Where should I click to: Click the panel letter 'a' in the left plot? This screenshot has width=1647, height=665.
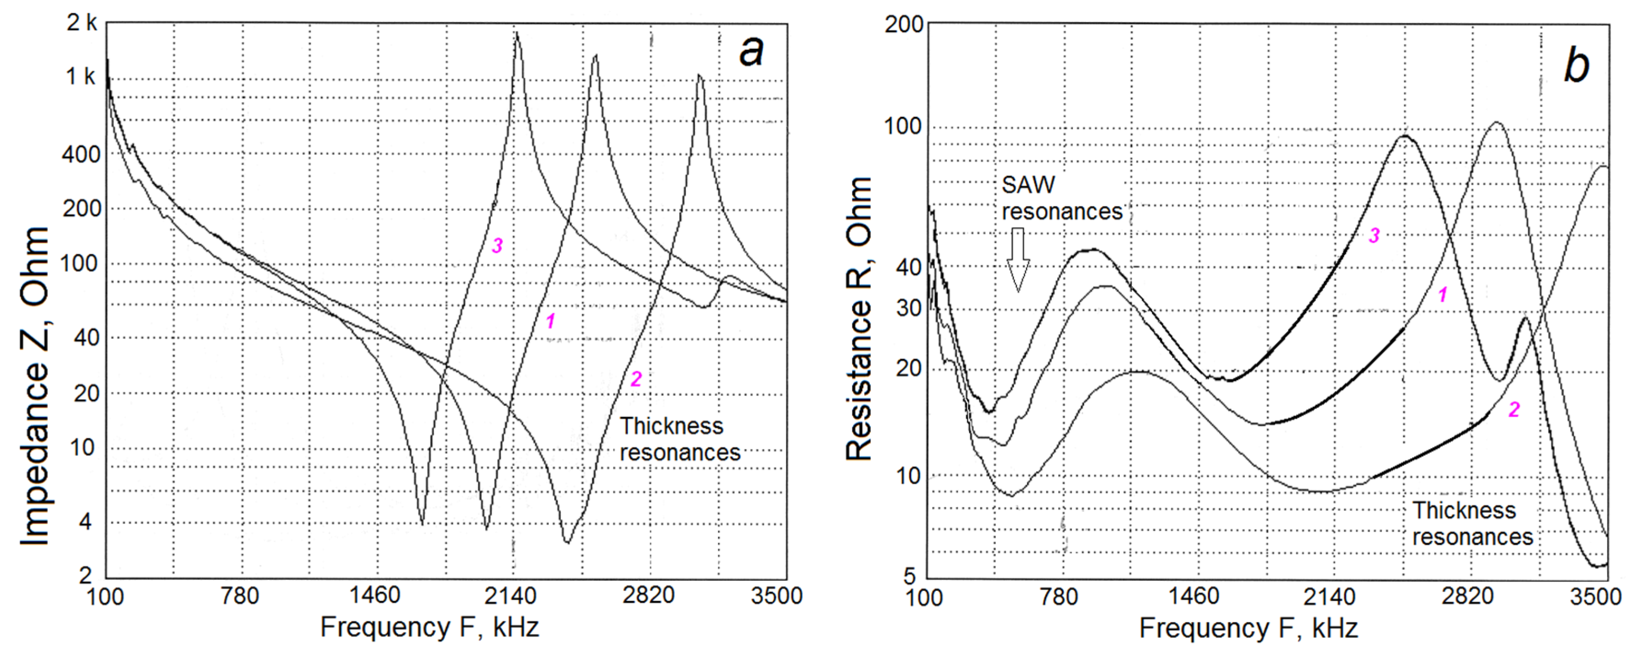[x=751, y=51]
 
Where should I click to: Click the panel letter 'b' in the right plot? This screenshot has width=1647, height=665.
[x=1576, y=65]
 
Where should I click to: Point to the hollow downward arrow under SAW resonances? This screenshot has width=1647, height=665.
[x=1018, y=259]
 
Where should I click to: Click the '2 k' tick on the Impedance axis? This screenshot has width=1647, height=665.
[x=82, y=23]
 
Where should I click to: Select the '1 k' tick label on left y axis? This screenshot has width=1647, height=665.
[x=80, y=77]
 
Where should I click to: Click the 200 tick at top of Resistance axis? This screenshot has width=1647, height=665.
[x=903, y=24]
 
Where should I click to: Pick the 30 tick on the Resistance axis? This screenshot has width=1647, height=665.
[x=908, y=308]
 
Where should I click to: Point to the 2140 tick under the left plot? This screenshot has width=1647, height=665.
[x=510, y=596]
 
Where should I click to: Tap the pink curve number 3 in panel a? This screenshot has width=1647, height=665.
[x=497, y=245]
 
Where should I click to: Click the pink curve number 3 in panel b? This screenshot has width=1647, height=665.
[x=1374, y=235]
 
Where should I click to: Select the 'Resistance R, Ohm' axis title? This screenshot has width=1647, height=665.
[x=859, y=318]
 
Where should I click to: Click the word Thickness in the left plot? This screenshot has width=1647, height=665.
[x=671, y=426]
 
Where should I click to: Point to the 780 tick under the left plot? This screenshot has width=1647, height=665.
[x=240, y=596]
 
